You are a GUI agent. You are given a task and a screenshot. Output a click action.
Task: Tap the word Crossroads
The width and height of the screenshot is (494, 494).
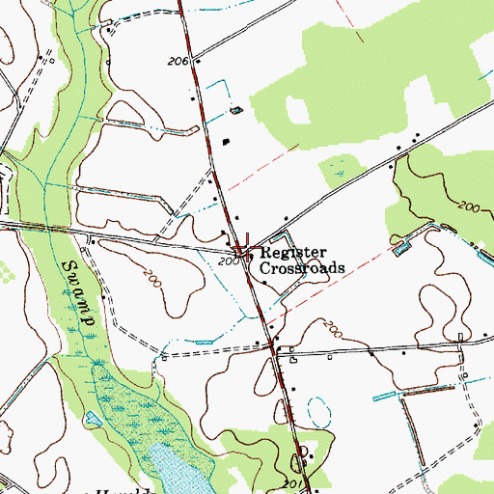[x=302, y=266]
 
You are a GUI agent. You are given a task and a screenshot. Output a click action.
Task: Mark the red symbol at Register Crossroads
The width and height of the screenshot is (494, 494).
[x=242, y=247]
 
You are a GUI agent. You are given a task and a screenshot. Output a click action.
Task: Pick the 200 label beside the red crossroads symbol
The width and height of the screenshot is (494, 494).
[x=227, y=261]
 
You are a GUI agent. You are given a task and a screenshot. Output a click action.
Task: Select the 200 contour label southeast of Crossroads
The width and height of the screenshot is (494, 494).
[x=333, y=326]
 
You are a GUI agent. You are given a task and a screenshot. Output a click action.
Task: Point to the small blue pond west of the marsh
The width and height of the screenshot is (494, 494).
[x=93, y=419]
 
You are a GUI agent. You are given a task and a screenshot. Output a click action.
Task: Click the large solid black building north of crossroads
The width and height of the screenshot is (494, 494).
[x=226, y=143]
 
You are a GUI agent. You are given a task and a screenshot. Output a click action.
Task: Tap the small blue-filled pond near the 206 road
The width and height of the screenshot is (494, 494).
[x=237, y=112]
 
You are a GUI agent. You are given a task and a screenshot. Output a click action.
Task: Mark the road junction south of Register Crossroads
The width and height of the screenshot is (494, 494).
[x=275, y=351]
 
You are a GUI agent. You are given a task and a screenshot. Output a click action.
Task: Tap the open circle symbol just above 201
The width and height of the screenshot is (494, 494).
[x=304, y=450]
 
